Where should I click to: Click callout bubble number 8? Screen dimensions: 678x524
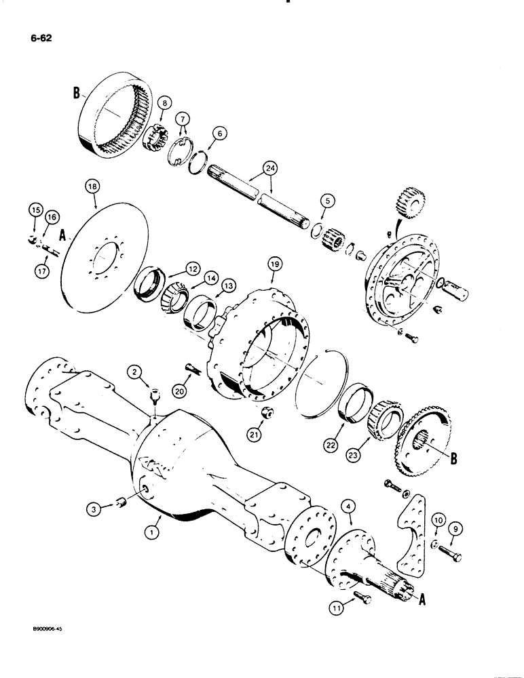pyautogui.click(x=164, y=103)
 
